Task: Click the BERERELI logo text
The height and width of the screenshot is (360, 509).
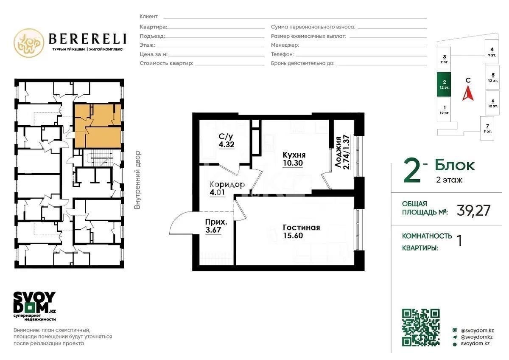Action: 87,39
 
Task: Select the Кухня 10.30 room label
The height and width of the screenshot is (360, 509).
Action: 294,159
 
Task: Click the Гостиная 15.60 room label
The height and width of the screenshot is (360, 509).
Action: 301,231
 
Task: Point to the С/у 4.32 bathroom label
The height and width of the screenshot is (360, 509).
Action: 226,141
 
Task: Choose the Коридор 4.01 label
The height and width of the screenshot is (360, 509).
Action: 227,188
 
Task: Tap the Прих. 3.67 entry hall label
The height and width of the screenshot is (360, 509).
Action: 213,225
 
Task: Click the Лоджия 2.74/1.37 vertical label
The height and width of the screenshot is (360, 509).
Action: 342,152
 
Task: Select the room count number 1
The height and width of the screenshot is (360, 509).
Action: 459,240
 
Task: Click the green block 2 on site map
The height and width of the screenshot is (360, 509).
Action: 444,84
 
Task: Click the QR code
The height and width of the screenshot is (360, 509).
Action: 420,327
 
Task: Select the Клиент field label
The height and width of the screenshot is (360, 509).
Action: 148,17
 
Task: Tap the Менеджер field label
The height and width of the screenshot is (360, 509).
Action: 285,45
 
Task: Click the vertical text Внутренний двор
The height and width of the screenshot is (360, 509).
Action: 137,180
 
